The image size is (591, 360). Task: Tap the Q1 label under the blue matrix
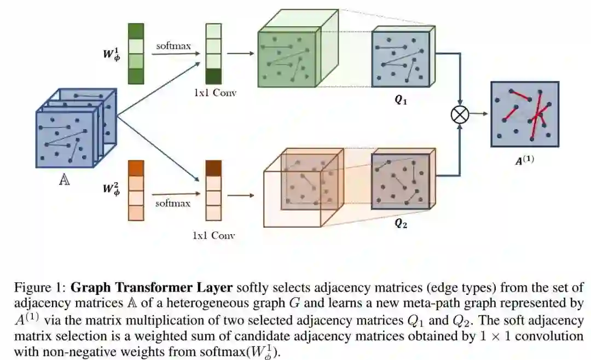(401, 101)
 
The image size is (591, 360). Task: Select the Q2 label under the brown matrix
(401, 223)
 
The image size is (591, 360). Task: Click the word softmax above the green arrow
(173, 46)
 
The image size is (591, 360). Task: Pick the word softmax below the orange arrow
(173, 203)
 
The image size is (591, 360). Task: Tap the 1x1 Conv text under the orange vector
(213, 236)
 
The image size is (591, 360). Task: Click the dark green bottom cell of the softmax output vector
(214, 76)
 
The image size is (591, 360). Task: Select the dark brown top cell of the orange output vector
(213, 167)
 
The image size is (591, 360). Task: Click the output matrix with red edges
(524, 114)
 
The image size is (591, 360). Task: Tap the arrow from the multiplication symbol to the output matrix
(479, 114)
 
